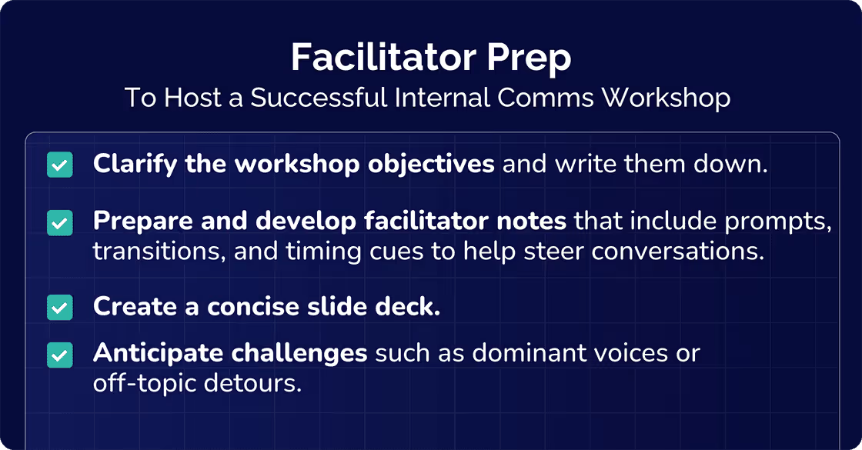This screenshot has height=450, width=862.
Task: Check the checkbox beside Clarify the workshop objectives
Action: [60, 165]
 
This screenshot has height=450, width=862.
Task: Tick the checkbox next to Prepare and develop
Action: [60, 222]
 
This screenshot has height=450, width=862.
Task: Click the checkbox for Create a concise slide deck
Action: [60, 307]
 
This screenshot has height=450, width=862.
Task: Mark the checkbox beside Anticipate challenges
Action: [60, 355]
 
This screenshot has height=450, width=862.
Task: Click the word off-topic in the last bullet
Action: [142, 382]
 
